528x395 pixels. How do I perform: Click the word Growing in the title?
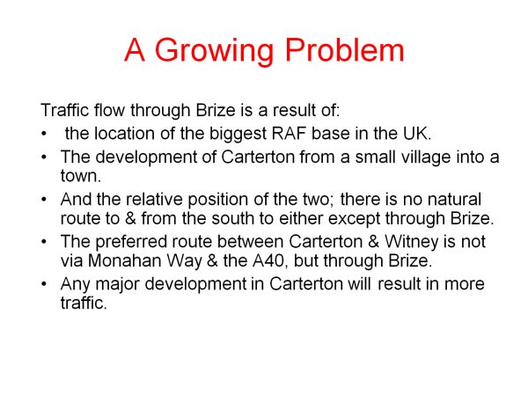[214, 51]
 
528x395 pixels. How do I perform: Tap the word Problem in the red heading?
[344, 49]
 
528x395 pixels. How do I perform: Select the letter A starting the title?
[135, 49]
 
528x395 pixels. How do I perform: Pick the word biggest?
[238, 135]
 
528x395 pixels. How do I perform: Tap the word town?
[81, 176]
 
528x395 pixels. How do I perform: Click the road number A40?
[270, 261]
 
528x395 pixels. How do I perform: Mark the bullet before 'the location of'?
[44, 134]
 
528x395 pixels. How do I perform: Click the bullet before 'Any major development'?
[44, 284]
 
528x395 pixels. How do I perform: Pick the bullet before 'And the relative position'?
[44, 200]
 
